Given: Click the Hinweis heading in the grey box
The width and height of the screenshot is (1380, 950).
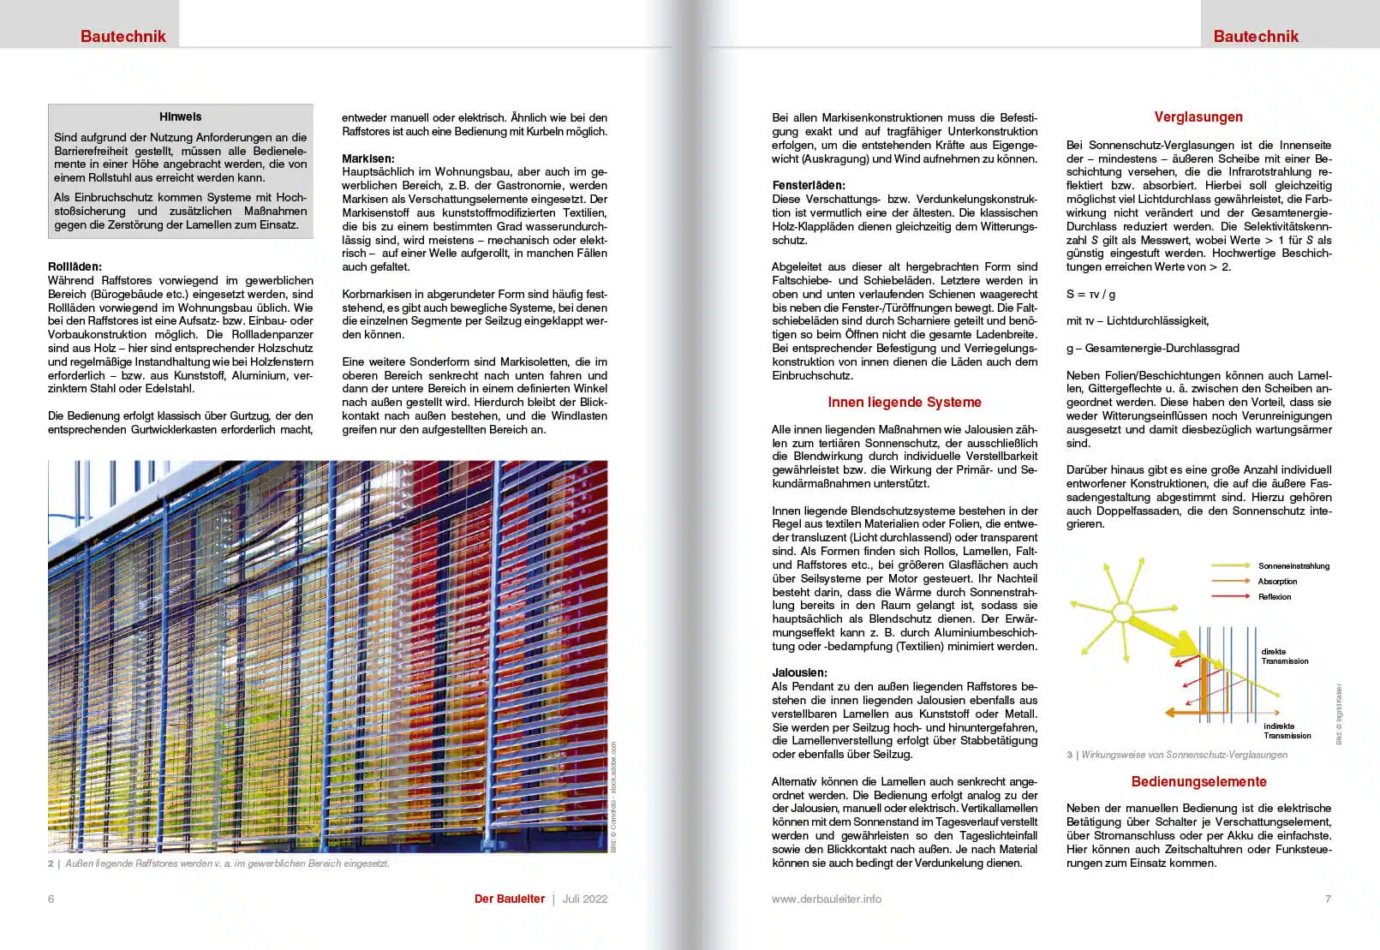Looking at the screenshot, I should coord(180,117).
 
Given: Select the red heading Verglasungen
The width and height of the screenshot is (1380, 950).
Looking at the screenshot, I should coord(1198,117).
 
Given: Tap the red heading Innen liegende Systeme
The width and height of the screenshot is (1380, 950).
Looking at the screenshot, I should coord(904,403).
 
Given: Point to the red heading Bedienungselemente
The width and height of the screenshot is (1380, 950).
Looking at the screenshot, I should coord(1198,781).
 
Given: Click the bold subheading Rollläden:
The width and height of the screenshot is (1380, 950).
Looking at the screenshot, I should coord(75,267).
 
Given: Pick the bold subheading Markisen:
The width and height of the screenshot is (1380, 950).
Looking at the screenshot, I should coord(368,158).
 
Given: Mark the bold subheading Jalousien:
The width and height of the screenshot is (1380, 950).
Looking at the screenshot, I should coord(799,673).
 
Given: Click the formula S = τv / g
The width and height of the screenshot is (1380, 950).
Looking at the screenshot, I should coord(1090,294).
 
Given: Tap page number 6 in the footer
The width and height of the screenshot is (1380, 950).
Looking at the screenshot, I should coord(51,899).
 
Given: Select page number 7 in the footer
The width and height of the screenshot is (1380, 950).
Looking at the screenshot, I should coord(1328,899).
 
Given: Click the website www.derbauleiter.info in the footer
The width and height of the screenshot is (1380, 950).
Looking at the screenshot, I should coord(826,899).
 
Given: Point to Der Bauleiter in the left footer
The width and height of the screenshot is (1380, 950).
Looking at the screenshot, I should coord(510,899).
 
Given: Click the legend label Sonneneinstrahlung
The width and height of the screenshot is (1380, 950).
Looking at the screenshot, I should coord(1293,566).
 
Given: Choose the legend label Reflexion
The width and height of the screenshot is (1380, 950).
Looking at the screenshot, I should coord(1275,597).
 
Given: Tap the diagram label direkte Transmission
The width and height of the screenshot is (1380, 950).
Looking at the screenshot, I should coord(1284,656).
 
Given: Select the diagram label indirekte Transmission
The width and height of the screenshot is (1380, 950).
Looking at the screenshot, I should coord(1287,731).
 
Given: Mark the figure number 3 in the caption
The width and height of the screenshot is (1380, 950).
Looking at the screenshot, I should coord(1069,755).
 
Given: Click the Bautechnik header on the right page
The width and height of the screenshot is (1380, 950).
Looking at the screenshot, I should coord(1255,36).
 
